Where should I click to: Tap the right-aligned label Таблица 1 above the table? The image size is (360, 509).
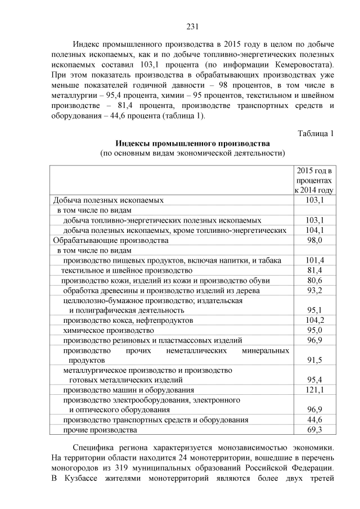315,133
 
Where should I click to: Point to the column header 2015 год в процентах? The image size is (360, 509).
314,180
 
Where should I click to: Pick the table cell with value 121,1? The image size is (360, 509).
314,389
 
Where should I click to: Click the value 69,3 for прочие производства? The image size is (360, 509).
314,430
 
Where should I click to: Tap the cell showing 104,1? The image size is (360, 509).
314,229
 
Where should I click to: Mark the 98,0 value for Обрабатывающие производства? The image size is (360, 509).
314,240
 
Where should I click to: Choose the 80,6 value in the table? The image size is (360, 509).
314,280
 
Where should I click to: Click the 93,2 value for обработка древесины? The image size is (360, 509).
314,290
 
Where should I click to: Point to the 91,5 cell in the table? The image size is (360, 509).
314,360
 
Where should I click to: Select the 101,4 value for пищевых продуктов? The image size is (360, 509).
314,260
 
